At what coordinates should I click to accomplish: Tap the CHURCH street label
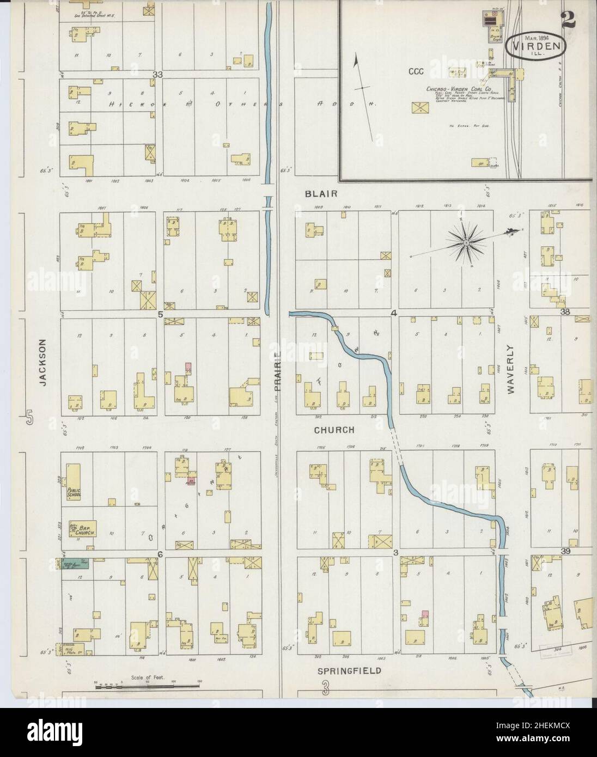(x=334, y=430)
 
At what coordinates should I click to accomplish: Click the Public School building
(x=73, y=481)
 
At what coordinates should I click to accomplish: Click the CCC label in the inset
(x=417, y=71)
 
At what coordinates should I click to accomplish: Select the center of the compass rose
(x=466, y=243)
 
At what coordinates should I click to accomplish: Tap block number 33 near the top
(x=158, y=74)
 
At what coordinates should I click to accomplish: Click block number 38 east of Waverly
(x=565, y=312)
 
